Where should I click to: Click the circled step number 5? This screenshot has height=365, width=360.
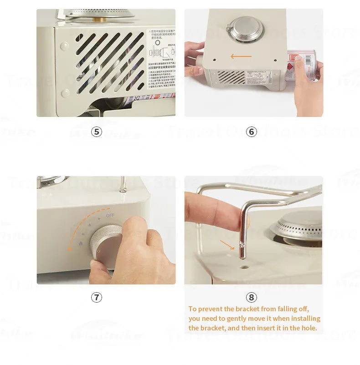tap(96, 132)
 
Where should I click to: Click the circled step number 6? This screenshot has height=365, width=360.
tap(252, 132)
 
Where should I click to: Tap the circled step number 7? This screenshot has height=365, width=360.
tap(96, 298)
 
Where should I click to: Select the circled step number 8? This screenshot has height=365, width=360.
tap(252, 298)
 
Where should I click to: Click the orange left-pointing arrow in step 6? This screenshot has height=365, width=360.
tap(241, 56)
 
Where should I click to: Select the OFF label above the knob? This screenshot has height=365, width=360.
tap(110, 215)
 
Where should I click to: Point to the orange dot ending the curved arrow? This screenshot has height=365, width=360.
tap(70, 249)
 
